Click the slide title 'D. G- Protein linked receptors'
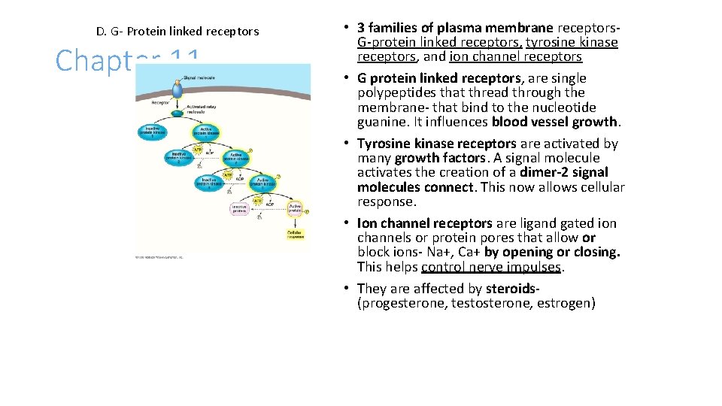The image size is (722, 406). click(177, 32)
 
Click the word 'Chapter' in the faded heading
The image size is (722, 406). click(94, 60)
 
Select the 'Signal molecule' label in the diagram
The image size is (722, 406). click(198, 77)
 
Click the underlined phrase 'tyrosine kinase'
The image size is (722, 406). click(572, 42)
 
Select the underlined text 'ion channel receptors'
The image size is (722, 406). click(516, 56)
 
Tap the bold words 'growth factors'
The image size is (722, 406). click(440, 158)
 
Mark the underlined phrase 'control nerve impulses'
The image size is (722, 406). click(492, 267)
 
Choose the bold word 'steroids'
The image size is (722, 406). click(512, 289)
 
